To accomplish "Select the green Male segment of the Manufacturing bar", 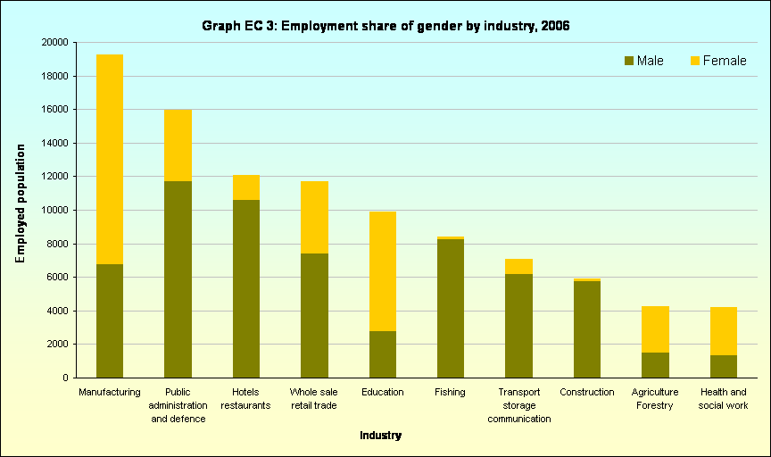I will [109, 320].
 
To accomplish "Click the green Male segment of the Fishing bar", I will [451, 308].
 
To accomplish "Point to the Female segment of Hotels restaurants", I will [245, 187].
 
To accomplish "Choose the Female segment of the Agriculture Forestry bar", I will [655, 329].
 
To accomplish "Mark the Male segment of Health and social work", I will [723, 366].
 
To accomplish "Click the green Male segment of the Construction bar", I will [587, 329].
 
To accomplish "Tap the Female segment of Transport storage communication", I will [518, 266].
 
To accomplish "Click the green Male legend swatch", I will [628, 61].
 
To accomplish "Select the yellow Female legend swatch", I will [694, 61].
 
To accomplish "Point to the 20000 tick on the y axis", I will [54, 42].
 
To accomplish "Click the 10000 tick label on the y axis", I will [54, 210].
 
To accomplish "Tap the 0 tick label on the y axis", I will [65, 378].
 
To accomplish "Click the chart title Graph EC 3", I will [385, 26].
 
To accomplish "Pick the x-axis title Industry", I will [380, 436].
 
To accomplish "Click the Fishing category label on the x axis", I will [450, 392].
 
